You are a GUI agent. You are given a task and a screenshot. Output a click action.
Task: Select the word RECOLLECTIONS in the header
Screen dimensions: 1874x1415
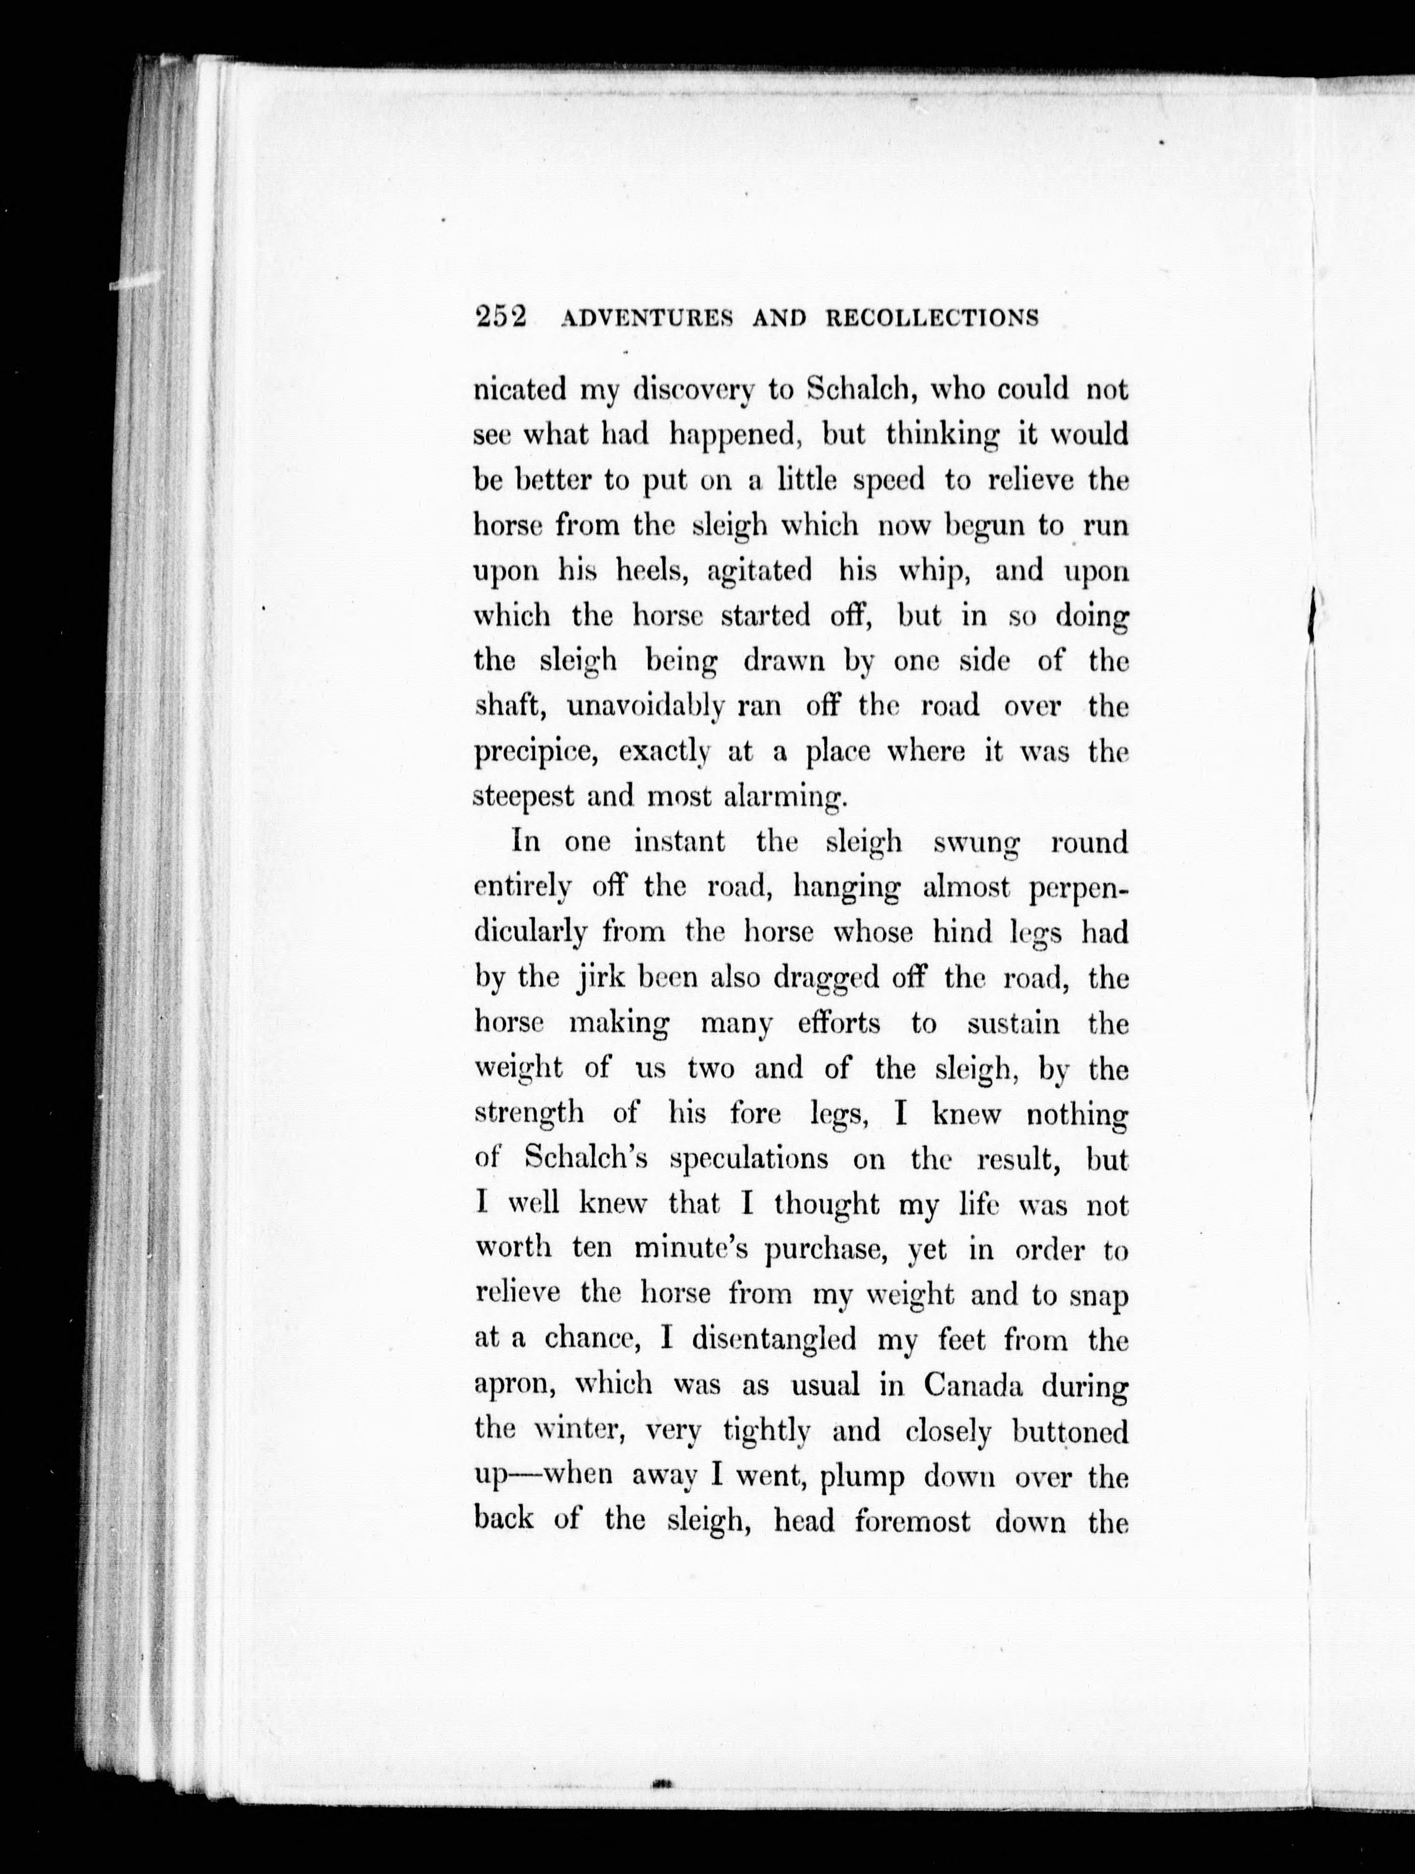click(x=931, y=319)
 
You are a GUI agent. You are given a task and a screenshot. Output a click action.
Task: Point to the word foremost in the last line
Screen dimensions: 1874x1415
click(x=912, y=1522)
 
